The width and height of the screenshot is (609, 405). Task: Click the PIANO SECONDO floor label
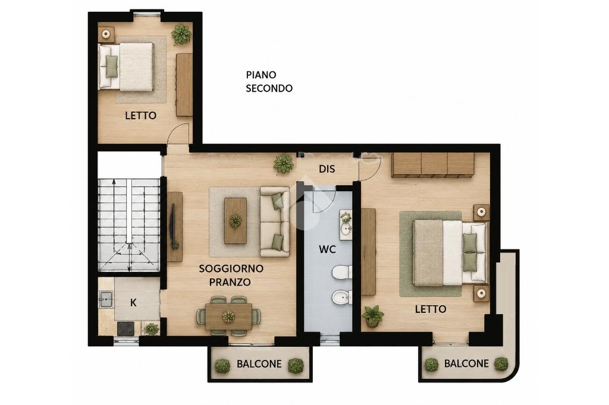click(x=269, y=81)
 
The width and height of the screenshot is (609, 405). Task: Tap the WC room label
click(x=328, y=249)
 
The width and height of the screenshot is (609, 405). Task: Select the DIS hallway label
click(x=327, y=169)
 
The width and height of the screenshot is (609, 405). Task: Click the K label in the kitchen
click(x=133, y=303)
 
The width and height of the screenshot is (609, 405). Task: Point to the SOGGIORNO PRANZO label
click(x=231, y=275)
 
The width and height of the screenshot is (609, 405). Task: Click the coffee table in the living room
click(x=236, y=221)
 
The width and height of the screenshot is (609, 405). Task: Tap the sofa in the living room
click(x=275, y=222)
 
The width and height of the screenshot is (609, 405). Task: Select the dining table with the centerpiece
click(x=228, y=316)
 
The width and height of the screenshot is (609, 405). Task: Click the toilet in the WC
click(x=342, y=272)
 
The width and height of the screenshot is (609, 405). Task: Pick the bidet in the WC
click(x=342, y=298)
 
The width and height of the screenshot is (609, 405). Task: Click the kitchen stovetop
click(x=126, y=328)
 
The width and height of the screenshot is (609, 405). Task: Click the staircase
click(x=128, y=224)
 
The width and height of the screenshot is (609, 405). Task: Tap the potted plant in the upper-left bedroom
click(x=181, y=34)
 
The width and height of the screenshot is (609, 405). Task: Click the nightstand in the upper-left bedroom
click(x=106, y=34)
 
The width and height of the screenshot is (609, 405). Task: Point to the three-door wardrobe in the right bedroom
click(x=433, y=165)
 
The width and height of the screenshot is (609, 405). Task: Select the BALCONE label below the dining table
click(x=259, y=364)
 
